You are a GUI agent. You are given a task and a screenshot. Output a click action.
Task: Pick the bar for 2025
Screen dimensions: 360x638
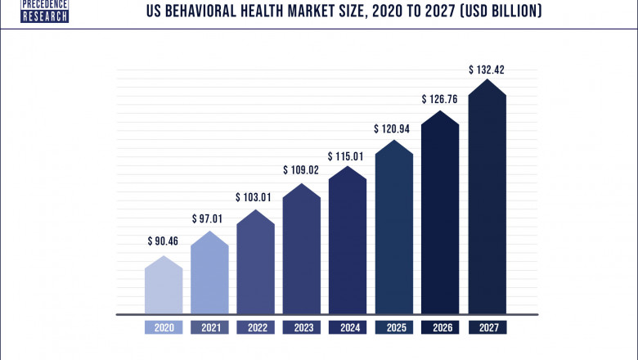coord(394,229)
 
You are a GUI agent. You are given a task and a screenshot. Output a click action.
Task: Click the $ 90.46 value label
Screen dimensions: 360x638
coord(164,241)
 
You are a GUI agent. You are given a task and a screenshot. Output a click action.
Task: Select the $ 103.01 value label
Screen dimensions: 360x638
coord(256,197)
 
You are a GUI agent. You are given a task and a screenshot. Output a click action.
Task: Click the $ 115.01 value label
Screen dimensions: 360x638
coord(348,155)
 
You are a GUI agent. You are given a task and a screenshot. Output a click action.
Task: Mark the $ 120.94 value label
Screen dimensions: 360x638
coord(394,129)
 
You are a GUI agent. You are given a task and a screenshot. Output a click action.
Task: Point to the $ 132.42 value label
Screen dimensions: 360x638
coord(487,70)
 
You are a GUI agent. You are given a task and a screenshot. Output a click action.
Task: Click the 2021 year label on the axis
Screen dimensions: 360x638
coord(209,327)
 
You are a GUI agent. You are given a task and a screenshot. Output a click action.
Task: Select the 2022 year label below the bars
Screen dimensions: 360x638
coord(256,327)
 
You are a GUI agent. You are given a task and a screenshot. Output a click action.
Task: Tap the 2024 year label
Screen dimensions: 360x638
coord(348,327)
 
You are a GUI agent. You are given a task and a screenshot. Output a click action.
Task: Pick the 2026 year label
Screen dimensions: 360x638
coord(441,327)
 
